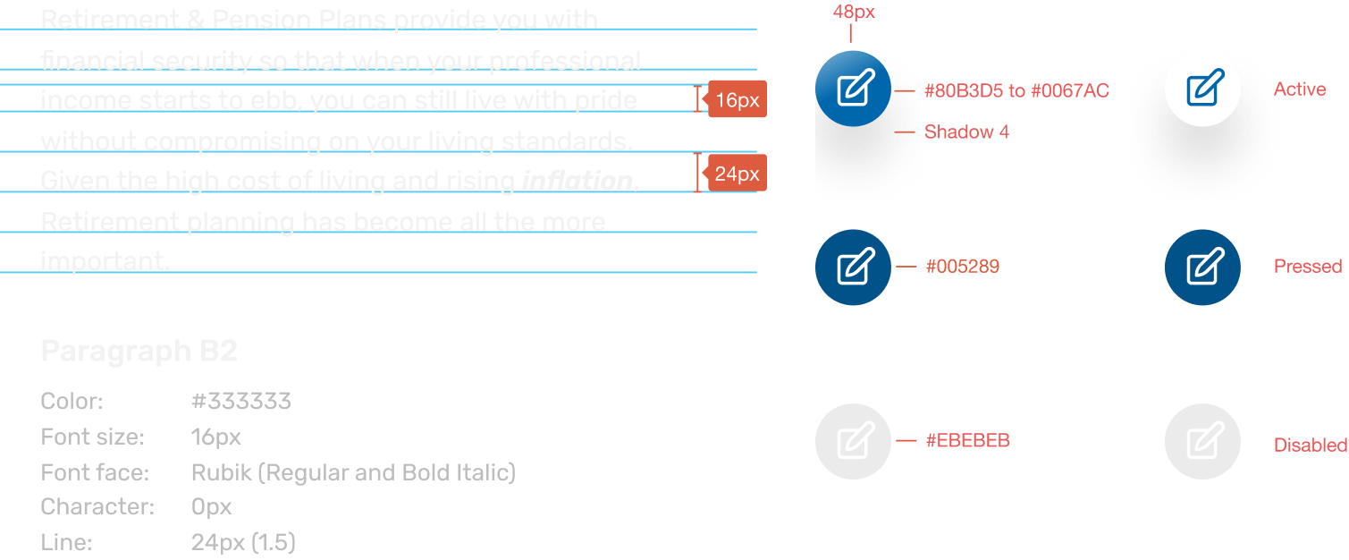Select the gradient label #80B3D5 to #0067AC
point(1016,90)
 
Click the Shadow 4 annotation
point(966,132)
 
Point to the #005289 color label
point(962,267)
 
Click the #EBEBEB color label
point(967,440)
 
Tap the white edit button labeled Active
point(1202,89)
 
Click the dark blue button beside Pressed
point(1202,267)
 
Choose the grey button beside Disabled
point(1202,441)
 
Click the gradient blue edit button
point(853,89)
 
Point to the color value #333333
point(241,401)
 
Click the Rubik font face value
point(353,472)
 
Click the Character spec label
point(97,507)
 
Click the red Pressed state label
point(1307,267)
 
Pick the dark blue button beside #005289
point(853,267)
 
